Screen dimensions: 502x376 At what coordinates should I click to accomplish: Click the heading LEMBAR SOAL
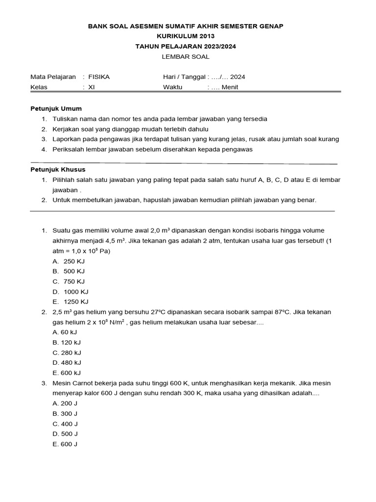coord(185,56)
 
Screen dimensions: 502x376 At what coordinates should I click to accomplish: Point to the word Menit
coord(230,87)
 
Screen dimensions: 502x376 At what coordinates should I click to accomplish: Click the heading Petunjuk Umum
coord(56,108)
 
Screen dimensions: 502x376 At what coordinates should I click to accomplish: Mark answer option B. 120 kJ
coord(67,342)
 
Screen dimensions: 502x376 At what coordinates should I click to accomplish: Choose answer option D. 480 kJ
coord(67,363)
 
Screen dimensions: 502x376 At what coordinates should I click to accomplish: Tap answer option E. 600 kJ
coord(67,373)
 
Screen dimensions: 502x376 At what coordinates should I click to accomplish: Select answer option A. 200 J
coord(65,403)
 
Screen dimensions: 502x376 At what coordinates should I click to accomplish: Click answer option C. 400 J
coord(65,424)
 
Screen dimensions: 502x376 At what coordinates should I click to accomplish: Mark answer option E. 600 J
coord(65,444)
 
